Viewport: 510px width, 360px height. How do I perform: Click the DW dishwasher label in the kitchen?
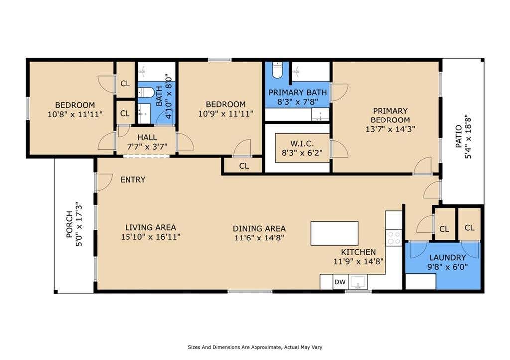click(340, 282)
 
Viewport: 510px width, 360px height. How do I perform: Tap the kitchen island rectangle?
click(334, 233)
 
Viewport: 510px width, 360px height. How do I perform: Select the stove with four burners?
click(394, 238)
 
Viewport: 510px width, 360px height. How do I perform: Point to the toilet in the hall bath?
click(146, 92)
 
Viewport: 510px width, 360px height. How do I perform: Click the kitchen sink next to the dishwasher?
click(358, 282)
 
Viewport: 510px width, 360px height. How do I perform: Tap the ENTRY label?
click(132, 180)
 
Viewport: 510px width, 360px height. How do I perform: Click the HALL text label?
click(147, 137)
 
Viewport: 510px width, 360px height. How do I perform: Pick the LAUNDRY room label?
click(447, 258)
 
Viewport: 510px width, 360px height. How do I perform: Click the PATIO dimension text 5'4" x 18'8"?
click(468, 136)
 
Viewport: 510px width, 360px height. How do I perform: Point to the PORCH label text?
click(69, 224)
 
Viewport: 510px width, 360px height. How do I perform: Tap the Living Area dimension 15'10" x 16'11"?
click(150, 237)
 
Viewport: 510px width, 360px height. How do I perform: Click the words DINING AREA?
click(259, 229)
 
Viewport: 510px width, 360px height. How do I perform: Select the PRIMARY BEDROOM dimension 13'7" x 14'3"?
click(390, 129)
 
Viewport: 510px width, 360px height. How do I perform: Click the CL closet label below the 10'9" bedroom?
click(244, 166)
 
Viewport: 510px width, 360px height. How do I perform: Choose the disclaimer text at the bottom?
click(255, 347)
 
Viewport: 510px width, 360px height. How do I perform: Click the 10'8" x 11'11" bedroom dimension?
click(75, 114)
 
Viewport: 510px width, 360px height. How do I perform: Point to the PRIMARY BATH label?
click(298, 92)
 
